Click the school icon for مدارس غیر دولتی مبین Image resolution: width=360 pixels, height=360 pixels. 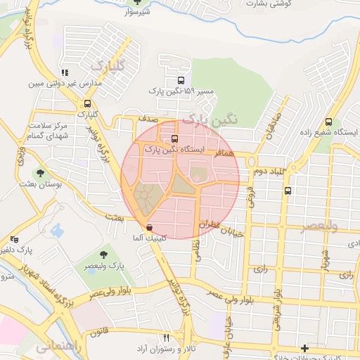tap(65, 72)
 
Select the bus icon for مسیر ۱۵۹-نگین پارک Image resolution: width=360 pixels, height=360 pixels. tap(182, 80)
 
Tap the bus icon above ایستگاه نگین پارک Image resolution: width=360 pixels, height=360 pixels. tap(174, 139)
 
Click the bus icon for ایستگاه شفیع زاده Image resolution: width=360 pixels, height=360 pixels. tap(329, 121)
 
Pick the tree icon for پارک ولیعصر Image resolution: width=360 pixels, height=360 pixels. tap(104, 254)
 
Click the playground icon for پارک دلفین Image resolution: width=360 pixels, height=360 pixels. tap(13, 239)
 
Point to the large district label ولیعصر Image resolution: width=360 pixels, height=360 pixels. tap(319, 226)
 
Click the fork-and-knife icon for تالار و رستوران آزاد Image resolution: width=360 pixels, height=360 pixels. tap(167, 338)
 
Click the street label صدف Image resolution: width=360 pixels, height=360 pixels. tap(147, 120)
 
